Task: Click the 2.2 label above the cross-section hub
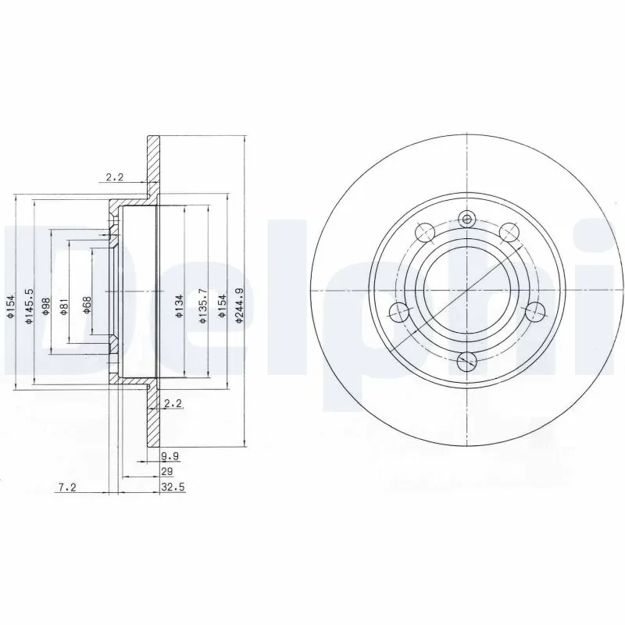click(x=115, y=177)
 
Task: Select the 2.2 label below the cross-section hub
click(x=173, y=403)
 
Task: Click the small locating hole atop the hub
click(x=467, y=220)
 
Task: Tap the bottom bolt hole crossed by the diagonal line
click(x=467, y=361)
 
